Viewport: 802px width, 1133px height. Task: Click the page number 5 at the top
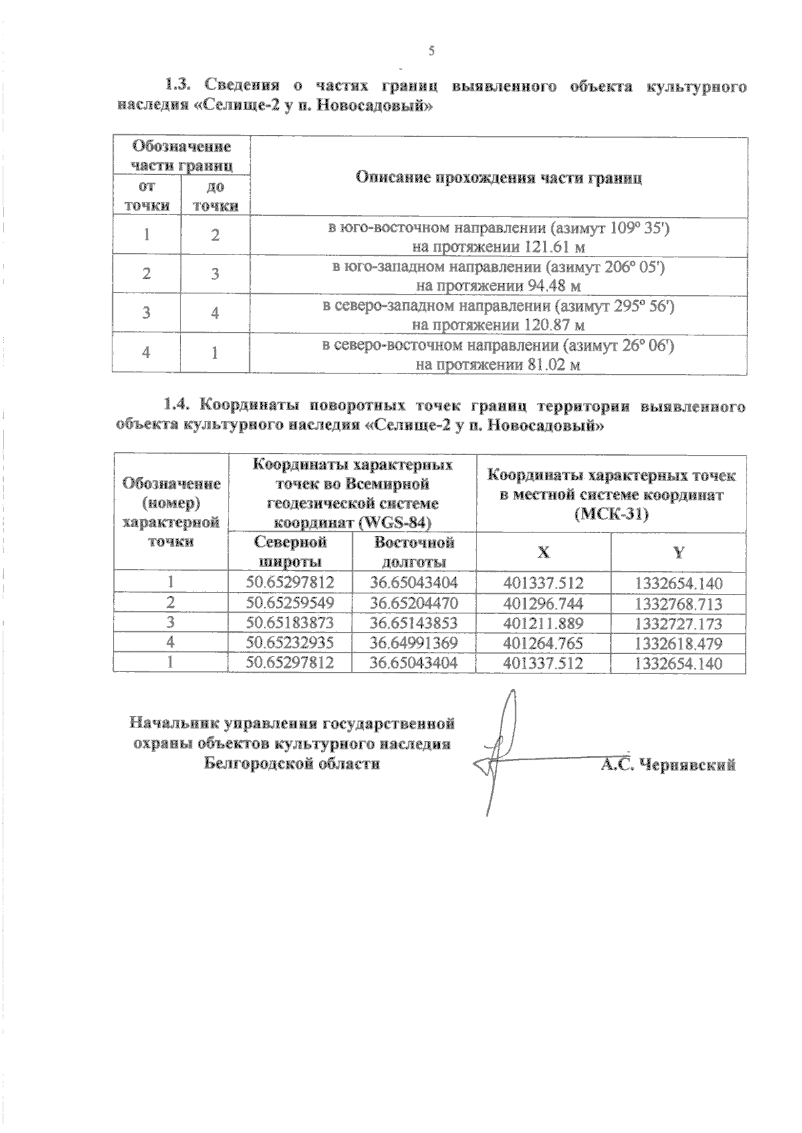[432, 51]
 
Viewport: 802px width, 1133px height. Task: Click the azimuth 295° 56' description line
[499, 306]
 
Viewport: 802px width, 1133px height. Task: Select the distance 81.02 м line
[497, 365]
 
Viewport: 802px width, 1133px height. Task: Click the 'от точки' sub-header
[146, 196]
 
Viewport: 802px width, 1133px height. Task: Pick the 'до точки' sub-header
[215, 196]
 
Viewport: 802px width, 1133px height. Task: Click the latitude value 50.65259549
[289, 603]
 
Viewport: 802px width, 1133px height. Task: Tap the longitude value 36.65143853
[414, 623]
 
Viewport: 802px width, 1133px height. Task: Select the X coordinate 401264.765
[543, 643]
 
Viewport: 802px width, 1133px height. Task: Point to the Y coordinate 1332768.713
[678, 604]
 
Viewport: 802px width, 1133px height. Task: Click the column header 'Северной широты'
[289, 551]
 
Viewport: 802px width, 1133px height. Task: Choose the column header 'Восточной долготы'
[414, 551]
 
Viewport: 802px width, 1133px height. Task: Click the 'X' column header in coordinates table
[543, 552]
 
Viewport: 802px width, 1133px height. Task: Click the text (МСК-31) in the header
[612, 515]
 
